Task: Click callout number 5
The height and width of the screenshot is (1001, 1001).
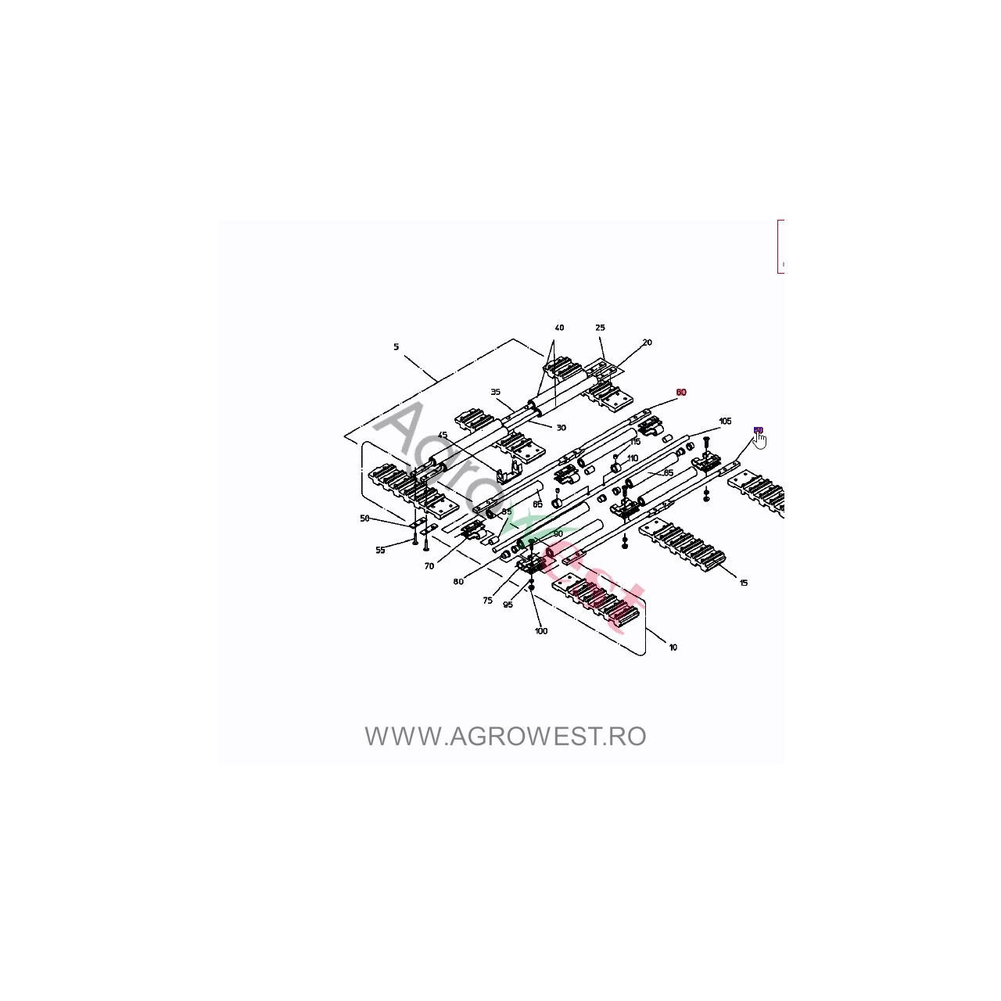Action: pos(396,346)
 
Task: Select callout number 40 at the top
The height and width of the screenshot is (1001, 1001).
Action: pos(559,328)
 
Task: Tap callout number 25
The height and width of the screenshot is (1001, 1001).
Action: pos(600,328)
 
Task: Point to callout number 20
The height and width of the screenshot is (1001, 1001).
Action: pos(647,343)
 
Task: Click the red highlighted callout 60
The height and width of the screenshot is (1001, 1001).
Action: pos(680,393)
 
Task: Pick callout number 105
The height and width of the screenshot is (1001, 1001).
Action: pos(725,422)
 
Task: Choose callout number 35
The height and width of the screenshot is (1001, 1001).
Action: pos(495,393)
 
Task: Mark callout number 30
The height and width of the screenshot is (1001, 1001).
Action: pos(561,428)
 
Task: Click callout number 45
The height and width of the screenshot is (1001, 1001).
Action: pos(443,436)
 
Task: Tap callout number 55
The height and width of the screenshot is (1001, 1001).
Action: pos(380,551)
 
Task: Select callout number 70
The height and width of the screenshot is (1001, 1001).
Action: pos(429,566)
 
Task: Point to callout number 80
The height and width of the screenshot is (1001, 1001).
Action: pos(457,582)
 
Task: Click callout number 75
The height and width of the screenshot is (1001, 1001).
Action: pos(487,601)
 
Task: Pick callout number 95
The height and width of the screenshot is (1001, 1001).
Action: pos(508,605)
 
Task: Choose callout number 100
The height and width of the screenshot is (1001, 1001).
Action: pos(541,631)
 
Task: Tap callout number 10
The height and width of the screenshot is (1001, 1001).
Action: pos(673,648)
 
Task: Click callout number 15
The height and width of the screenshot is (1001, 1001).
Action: pos(743,583)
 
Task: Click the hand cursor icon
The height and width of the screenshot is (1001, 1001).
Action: pos(760,441)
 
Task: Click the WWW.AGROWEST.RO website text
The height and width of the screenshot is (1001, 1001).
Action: pos(505,737)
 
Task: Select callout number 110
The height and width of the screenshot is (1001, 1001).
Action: pos(633,458)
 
